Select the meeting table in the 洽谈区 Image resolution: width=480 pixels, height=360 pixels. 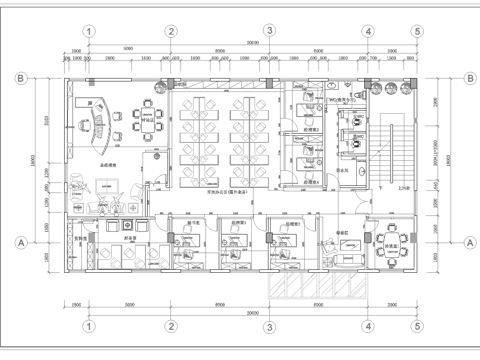147,121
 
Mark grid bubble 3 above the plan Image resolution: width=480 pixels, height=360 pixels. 268,31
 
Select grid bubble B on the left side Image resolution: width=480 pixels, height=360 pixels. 19,76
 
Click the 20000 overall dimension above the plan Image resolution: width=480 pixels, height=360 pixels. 252,44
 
